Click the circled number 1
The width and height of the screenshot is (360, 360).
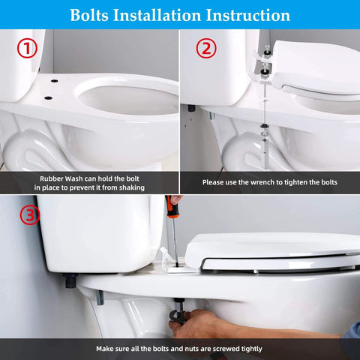pyautogui.click(x=28, y=49)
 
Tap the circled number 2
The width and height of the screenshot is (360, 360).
pyautogui.click(x=205, y=49)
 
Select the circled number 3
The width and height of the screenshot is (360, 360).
pyautogui.click(x=28, y=216)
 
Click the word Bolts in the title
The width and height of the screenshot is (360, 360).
pyautogui.click(x=94, y=15)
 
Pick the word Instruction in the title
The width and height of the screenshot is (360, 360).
pyautogui.click(x=248, y=15)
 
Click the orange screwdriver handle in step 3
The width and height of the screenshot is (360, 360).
pyautogui.click(x=172, y=208)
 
